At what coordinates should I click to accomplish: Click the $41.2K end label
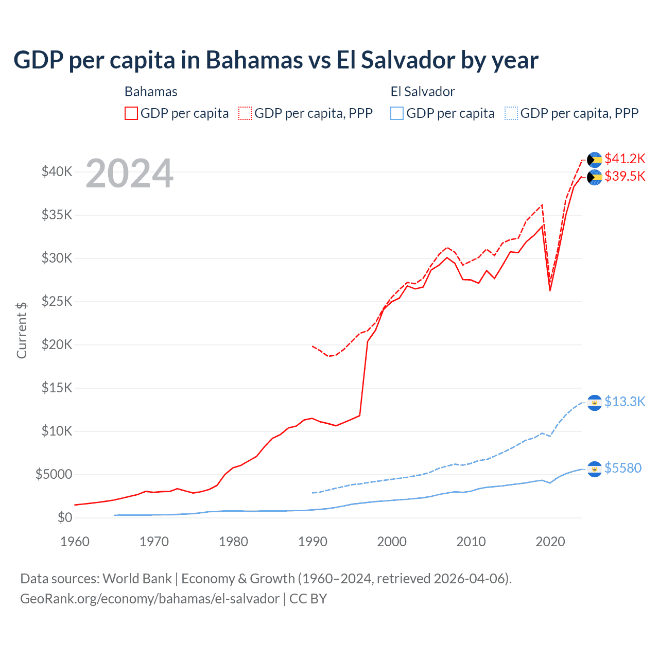coord(625,159)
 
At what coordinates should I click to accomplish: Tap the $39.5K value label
coord(625,176)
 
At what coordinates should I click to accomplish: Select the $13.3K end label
coord(625,402)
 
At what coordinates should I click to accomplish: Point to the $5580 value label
coord(622,468)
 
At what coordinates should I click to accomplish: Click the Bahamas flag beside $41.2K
coord(594,160)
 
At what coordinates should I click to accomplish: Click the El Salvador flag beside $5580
coord(594,469)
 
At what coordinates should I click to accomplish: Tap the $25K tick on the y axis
coord(57,301)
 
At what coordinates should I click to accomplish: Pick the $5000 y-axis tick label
coord(54,474)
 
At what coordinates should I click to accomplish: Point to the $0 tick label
coord(64,517)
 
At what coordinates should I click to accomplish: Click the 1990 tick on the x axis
coord(313,542)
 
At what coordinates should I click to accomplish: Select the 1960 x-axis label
coord(75,542)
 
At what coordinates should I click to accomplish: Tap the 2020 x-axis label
coord(550,542)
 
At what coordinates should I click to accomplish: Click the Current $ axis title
coord(22,331)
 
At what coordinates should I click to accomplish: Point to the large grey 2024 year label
coord(129,174)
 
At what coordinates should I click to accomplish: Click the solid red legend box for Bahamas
coord(131,113)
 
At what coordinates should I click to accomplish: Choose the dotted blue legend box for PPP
coord(511,113)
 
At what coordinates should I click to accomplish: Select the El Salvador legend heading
coord(423,92)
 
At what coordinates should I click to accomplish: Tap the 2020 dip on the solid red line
coord(550,290)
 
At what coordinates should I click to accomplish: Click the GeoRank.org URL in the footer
coord(149,599)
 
